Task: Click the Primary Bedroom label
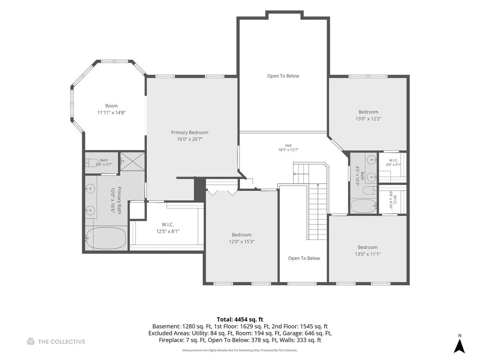(x=189, y=132)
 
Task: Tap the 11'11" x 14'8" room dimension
(x=112, y=113)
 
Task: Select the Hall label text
(x=288, y=145)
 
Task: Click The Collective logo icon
(x=31, y=342)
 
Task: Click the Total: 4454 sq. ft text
(x=240, y=320)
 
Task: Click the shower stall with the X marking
(x=132, y=161)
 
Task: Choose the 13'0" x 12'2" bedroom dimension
(x=368, y=119)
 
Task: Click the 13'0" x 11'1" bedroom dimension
(x=368, y=254)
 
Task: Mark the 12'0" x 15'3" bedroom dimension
(x=242, y=242)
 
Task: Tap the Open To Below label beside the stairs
(x=304, y=258)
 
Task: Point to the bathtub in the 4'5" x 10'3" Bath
(x=364, y=206)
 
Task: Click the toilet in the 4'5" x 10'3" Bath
(x=370, y=190)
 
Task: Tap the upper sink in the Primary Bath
(x=90, y=188)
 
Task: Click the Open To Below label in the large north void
(x=283, y=76)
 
